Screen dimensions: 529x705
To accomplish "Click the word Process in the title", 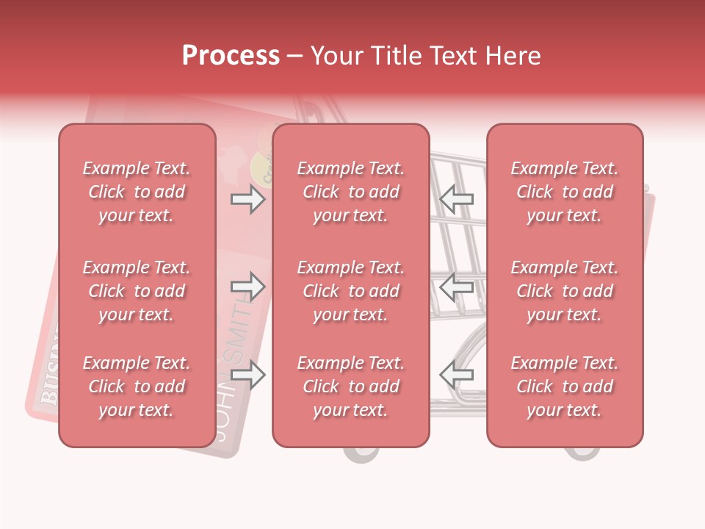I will pyautogui.click(x=231, y=56).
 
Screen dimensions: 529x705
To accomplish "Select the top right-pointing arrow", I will pyautogui.click(x=248, y=200).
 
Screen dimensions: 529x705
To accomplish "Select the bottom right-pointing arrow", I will pyautogui.click(x=248, y=375).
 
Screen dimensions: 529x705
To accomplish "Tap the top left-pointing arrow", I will pyautogui.click(x=456, y=200).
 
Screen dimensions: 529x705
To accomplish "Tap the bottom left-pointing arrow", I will pyautogui.click(x=456, y=375).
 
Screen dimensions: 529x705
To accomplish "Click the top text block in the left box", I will pyautogui.click(x=137, y=192).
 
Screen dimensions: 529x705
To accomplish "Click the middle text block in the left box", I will pyautogui.click(x=137, y=291).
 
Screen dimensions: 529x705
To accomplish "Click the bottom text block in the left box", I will pyautogui.click(x=137, y=386).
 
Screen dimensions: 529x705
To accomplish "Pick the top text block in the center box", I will pyautogui.click(x=351, y=192).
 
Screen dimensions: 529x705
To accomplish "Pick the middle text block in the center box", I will pyautogui.click(x=351, y=291).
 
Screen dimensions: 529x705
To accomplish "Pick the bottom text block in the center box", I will pyautogui.click(x=351, y=386).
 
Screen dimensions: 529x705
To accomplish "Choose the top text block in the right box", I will pyautogui.click(x=565, y=192).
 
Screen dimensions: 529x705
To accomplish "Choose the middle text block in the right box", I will pyautogui.click(x=565, y=291).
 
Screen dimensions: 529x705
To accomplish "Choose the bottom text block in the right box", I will pyautogui.click(x=565, y=386).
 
